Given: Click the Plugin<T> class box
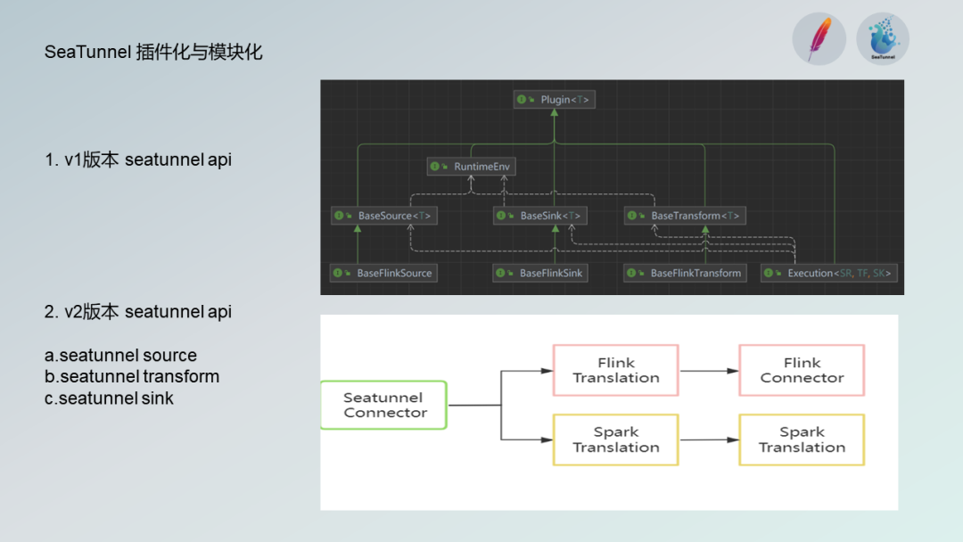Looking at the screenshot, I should coord(554,100).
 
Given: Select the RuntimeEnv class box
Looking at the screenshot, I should coord(472,167).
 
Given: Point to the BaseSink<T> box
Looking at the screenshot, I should coord(540,216).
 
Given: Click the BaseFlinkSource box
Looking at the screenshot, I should coord(384,273).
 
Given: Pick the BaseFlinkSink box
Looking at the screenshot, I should coord(541,273).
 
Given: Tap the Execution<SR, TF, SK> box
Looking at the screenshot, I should coord(829,273).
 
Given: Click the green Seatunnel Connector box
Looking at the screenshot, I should coord(383,405).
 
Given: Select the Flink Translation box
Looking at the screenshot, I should coord(616,370).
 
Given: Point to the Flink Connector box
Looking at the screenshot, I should coord(802,370).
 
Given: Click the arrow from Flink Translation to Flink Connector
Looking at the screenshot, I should coord(708,370).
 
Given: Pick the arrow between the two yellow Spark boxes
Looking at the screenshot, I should coord(708,439).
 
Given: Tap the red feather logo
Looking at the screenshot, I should coord(819,39).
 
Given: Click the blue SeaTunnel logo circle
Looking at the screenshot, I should coord(883,39).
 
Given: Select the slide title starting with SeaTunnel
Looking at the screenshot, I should coord(153,52).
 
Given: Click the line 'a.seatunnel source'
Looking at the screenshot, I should coord(120,356).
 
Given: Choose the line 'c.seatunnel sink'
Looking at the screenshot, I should coord(109,398).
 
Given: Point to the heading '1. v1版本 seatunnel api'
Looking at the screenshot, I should coord(138,160).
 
